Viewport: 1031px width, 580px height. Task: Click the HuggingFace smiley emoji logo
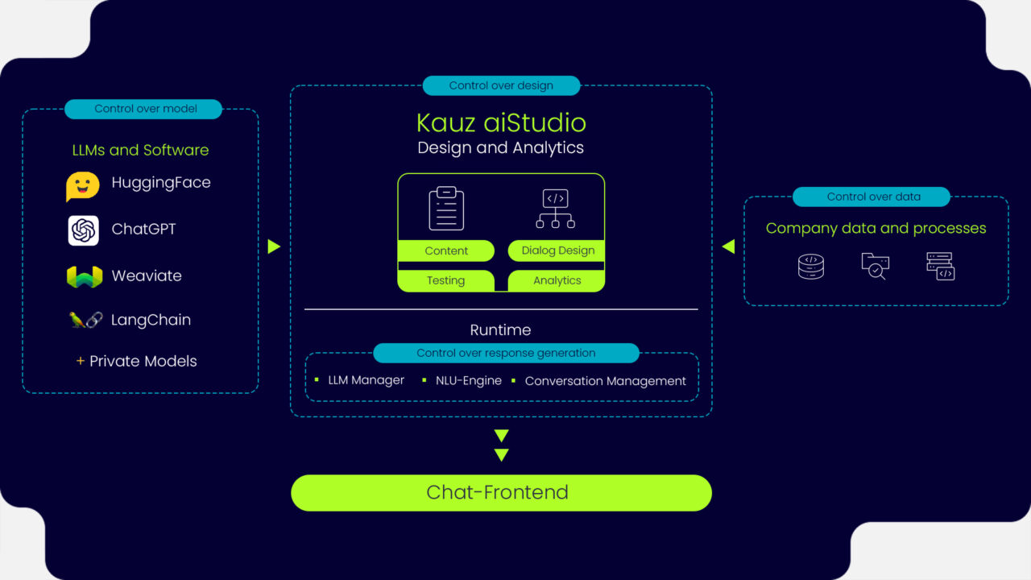tap(83, 185)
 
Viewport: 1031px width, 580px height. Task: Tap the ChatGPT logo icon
tap(84, 230)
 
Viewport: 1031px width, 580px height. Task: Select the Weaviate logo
tap(84, 276)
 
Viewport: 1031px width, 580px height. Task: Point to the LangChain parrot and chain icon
tap(85, 321)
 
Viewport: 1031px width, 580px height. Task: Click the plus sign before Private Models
tap(80, 361)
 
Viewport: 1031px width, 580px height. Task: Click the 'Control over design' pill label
tap(501, 85)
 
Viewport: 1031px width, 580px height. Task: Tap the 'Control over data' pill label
tap(872, 197)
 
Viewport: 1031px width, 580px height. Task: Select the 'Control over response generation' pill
tap(506, 353)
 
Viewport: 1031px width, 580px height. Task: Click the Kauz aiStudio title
tap(501, 122)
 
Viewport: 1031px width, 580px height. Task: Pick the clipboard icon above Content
tap(446, 209)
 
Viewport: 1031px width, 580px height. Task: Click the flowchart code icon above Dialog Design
tap(556, 209)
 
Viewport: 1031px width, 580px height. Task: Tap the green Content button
tap(446, 251)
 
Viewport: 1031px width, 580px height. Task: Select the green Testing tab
tap(445, 280)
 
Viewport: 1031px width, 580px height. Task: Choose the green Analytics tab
tap(557, 280)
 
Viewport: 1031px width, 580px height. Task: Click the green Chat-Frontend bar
tap(501, 492)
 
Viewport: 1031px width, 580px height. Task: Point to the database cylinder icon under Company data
tap(811, 266)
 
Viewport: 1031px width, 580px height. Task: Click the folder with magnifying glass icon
tap(875, 266)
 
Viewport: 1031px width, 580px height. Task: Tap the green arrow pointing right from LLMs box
tap(274, 246)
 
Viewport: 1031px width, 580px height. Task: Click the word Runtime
tap(500, 330)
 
